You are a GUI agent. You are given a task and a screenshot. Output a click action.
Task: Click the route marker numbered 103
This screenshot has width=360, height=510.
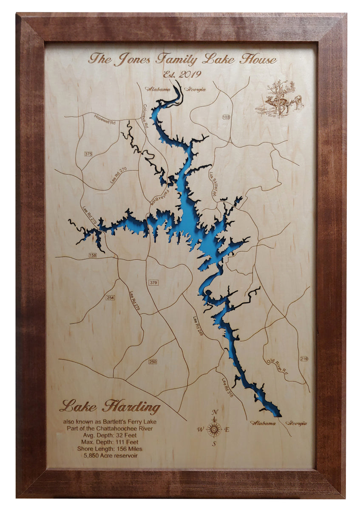226,117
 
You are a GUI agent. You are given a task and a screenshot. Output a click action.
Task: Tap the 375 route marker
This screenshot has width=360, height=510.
88,154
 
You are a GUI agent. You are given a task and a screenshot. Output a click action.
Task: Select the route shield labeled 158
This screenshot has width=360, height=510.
93,255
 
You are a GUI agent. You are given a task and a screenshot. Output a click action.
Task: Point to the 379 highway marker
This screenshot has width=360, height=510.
153,283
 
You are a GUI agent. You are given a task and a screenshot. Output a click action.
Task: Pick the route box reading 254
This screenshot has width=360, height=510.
111,297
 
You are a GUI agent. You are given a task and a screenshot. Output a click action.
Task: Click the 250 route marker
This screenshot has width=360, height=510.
153,362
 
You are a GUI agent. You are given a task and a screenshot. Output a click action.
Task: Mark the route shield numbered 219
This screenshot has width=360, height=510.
303,359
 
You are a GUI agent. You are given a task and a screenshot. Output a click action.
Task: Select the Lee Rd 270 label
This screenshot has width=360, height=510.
119,175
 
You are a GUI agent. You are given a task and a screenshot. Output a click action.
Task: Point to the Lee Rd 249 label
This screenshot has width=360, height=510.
198,326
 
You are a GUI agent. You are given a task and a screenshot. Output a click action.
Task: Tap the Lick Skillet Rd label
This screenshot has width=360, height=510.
213,183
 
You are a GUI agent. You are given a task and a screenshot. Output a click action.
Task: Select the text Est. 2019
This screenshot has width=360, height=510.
182,74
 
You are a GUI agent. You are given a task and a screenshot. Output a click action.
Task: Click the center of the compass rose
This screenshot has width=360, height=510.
214,429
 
